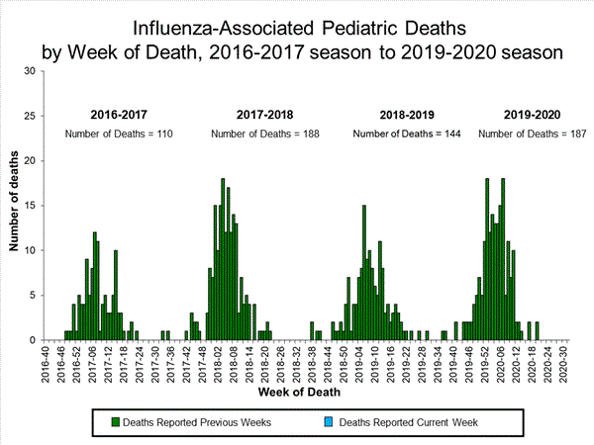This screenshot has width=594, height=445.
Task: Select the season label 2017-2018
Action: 265,115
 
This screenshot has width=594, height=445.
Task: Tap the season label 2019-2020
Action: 533,115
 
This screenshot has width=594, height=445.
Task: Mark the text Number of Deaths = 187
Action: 532,133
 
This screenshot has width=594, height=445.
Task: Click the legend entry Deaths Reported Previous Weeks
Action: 209,422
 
